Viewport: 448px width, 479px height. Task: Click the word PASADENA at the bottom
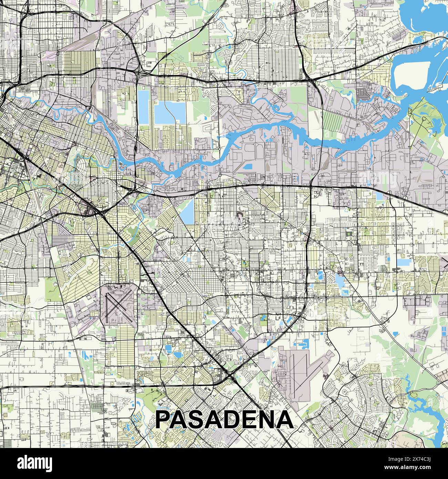[225, 419]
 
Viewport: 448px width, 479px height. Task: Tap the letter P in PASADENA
[165, 419]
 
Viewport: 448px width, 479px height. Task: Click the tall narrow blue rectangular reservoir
[142, 107]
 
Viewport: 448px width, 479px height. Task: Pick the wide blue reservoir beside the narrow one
[167, 113]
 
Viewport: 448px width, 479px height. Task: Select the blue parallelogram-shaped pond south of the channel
[187, 211]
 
